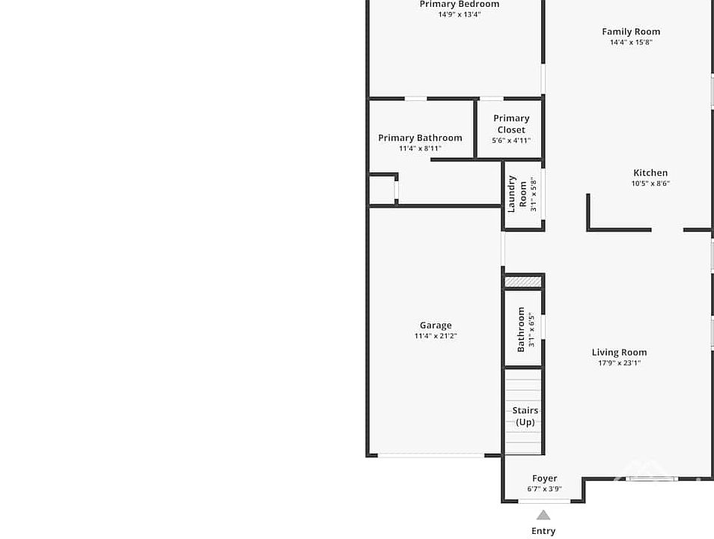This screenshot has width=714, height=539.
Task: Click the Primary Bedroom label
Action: point(459,4)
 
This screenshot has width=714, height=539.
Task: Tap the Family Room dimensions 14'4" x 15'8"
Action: point(631,42)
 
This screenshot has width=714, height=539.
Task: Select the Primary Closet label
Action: point(511,124)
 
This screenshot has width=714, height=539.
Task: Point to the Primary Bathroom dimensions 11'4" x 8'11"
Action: point(421,148)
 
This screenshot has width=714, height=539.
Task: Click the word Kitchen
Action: point(650,173)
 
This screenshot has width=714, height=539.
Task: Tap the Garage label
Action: point(436,326)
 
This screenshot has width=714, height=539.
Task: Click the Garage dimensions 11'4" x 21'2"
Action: point(436,336)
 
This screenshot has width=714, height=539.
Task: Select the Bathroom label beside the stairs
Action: point(521,329)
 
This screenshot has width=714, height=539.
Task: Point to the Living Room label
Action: point(619,352)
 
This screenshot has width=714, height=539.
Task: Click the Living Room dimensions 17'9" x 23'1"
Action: point(619,362)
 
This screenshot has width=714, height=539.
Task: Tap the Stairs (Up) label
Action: point(525,416)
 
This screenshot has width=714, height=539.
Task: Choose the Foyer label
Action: point(545,478)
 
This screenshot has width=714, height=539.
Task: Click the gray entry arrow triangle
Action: point(543,516)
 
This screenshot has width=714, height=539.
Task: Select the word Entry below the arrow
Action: point(543,531)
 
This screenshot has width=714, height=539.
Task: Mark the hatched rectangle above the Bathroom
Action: point(523,282)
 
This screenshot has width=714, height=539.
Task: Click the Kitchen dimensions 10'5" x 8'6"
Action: point(650,183)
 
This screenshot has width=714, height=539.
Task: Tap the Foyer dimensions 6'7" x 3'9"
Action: point(545,489)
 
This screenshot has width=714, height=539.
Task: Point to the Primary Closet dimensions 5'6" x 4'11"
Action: point(511,140)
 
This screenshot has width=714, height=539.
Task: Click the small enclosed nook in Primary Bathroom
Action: point(382,189)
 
